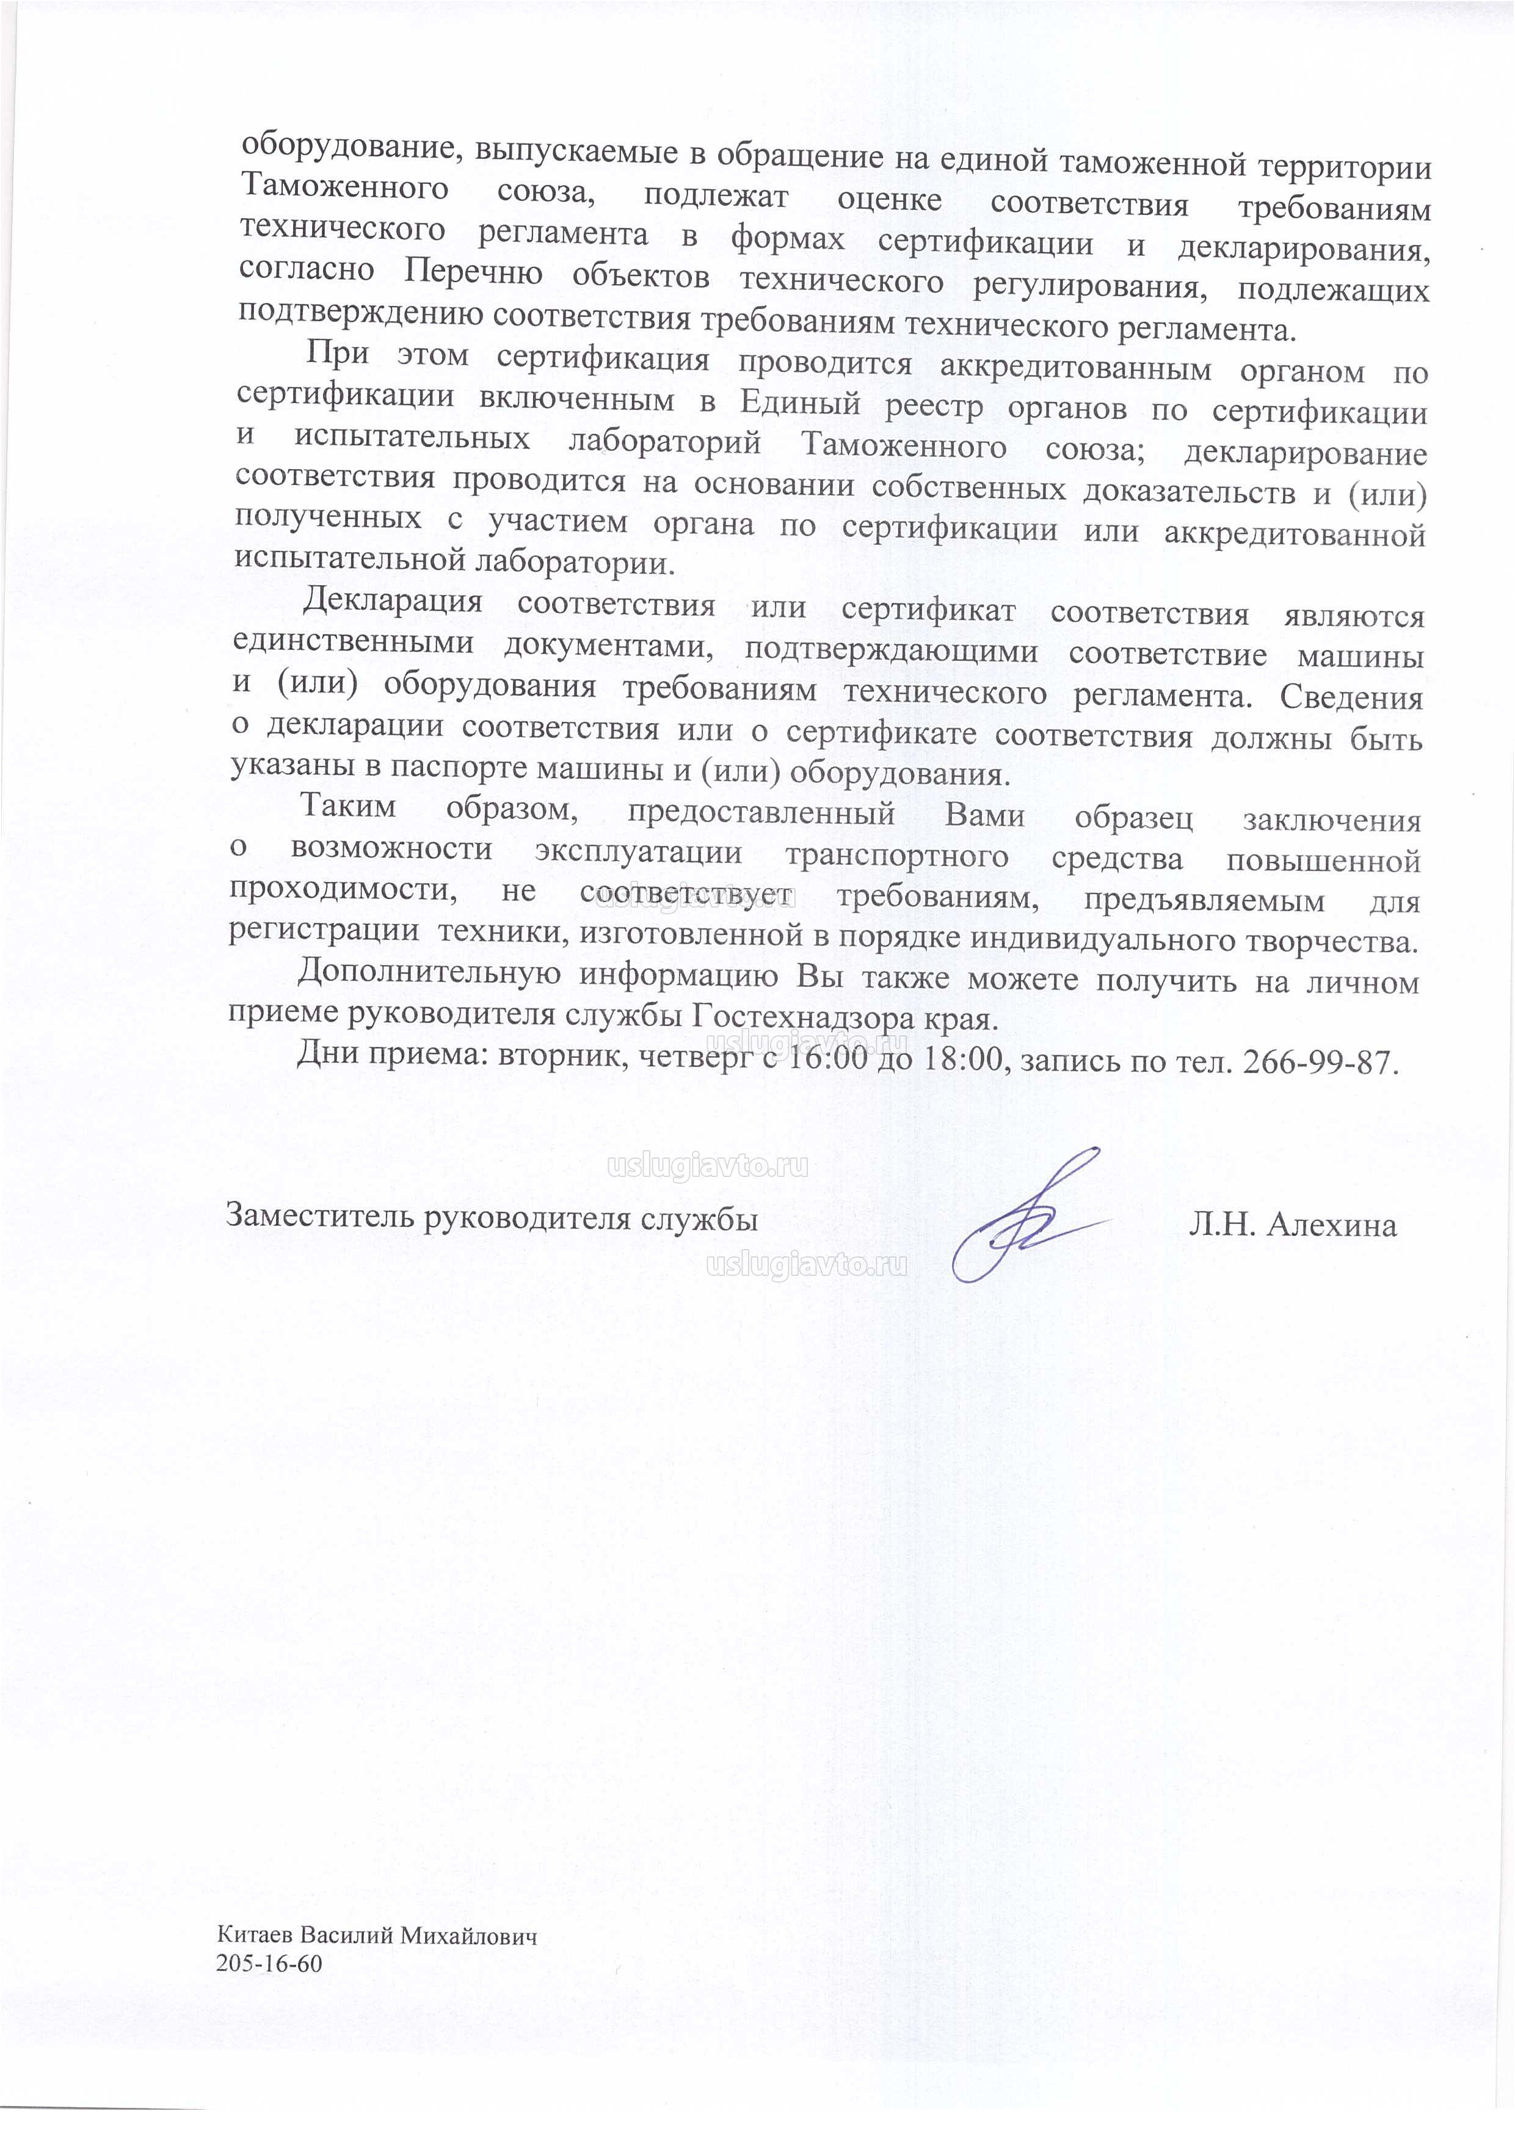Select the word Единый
pos(799,403)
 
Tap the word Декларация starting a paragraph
pos(393,601)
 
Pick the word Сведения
pos(1351,697)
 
